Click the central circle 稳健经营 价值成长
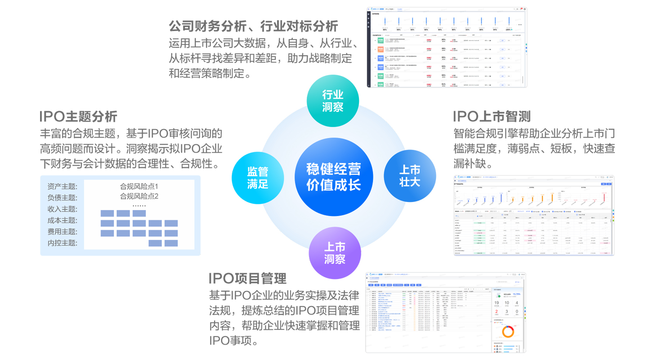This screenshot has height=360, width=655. [x=333, y=177]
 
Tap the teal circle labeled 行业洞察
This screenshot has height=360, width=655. [x=333, y=101]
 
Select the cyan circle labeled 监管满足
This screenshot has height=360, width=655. [x=258, y=177]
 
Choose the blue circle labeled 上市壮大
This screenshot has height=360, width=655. [x=410, y=176]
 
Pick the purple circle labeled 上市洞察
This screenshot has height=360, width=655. [x=335, y=253]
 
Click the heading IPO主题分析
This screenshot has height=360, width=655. [x=78, y=117]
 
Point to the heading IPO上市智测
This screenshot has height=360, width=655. [x=492, y=117]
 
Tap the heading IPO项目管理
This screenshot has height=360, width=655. [x=247, y=279]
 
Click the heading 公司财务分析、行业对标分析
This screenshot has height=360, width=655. [x=253, y=26]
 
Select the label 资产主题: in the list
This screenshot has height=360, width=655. [x=62, y=187]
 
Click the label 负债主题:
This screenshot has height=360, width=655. [x=62, y=198]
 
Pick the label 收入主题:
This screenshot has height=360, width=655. [x=62, y=209]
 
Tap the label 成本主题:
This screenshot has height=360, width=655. [x=62, y=220]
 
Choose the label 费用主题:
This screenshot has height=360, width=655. [x=62, y=232]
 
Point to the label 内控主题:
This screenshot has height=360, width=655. [x=62, y=243]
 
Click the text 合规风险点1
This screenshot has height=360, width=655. [x=139, y=186]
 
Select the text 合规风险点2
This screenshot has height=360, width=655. [x=139, y=196]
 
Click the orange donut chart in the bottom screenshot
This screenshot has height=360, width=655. [x=508, y=332]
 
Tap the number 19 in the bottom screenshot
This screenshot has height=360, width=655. [x=497, y=303]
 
